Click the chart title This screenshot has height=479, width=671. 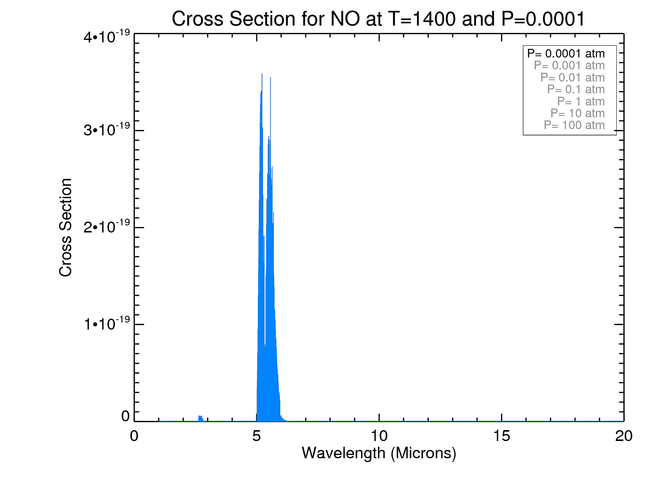pos(378,19)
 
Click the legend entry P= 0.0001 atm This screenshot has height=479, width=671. pos(566,54)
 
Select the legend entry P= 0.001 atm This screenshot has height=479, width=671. pos(569,65)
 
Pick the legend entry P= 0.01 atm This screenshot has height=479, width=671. pos(572,78)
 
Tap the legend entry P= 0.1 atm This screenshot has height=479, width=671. pos(576,89)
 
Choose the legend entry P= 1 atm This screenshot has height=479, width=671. pos(581,102)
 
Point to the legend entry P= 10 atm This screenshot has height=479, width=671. pos(577,113)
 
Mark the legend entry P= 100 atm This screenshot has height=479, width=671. pos(574,125)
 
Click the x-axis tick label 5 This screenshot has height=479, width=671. pos(256,436)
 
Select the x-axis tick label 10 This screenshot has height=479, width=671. pos(379,436)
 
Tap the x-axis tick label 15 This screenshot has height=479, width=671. pos(501,436)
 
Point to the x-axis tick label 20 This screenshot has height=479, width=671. pos(624,436)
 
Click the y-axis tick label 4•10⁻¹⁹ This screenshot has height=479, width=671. pos(107,37)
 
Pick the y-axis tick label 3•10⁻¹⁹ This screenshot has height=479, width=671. pos(107,130)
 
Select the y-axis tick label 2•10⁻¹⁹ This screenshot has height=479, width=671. pos(107,227)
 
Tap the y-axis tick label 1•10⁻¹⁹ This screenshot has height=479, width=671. pos(107,323)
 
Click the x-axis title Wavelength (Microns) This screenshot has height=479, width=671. pos(379,453)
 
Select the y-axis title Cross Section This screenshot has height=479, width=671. pos(66,227)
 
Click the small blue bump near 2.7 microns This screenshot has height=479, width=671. pos(200,418)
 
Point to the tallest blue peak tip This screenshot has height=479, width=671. pos(262,74)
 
